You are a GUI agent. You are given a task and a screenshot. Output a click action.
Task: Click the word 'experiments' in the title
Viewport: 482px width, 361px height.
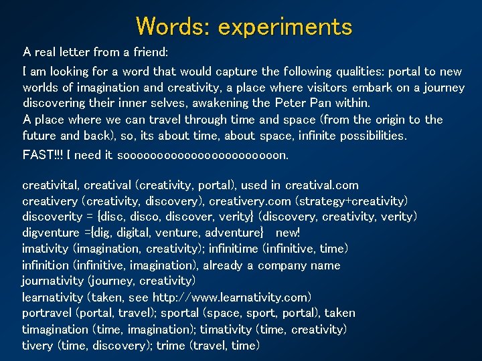click(x=285, y=27)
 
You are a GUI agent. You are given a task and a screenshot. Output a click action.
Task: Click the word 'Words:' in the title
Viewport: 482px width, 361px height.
click(x=171, y=27)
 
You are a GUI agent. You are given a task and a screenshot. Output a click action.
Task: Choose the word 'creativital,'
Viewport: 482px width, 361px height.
click(x=52, y=185)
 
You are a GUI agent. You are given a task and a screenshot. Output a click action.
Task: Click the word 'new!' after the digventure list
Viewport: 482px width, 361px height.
click(x=288, y=233)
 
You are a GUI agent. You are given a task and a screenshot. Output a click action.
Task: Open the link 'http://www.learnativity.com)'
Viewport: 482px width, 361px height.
click(x=232, y=297)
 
